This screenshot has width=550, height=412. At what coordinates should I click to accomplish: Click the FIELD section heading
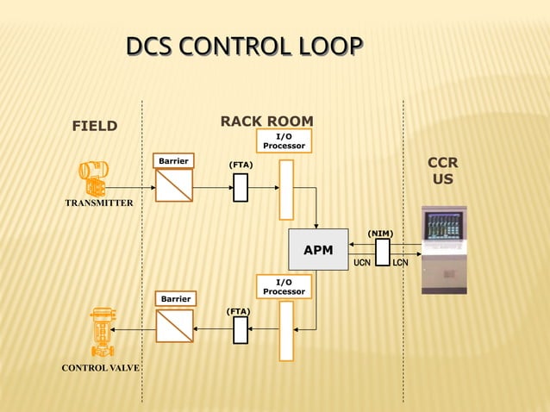pos(94,127)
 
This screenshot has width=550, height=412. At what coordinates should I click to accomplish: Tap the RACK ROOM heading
pos(266,122)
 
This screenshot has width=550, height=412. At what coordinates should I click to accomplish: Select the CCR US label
pos(442,172)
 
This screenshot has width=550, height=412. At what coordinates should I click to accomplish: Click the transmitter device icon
pos(93,178)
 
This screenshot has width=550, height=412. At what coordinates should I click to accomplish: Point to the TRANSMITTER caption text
pos(99,203)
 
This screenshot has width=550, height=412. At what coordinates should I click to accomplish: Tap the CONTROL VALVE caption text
pos(99,369)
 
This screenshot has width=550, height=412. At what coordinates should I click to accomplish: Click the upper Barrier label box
pos(173,161)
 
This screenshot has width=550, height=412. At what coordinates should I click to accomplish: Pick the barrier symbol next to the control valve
pos(174,326)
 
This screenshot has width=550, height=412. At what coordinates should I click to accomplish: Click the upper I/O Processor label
pos(284,141)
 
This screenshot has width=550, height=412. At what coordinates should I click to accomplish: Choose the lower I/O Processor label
pos(284,287)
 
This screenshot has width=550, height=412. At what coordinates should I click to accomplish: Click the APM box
pos(318,251)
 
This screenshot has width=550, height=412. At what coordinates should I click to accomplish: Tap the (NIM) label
pos(380,233)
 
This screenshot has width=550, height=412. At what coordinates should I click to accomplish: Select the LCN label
pos(400,263)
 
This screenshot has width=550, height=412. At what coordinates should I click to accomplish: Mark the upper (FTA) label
pos(241,164)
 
